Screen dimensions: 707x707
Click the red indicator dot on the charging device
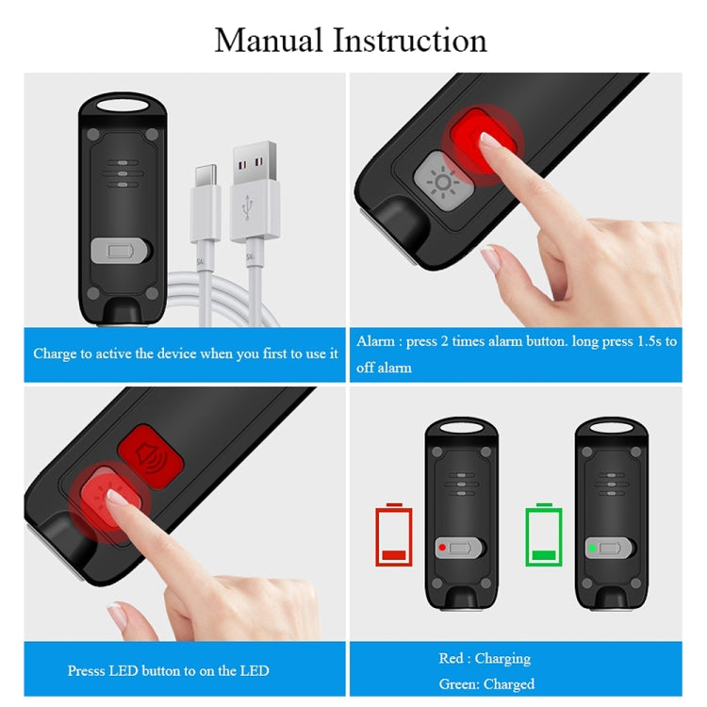coord(440,548)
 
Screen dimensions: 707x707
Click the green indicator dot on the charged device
coord(591,548)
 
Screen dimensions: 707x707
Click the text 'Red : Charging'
coord(485,658)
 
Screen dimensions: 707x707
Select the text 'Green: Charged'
coord(486,683)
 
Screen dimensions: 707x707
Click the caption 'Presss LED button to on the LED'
coord(168,670)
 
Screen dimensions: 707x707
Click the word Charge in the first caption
coord(54,353)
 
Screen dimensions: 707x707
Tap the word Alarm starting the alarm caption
coord(375,341)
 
